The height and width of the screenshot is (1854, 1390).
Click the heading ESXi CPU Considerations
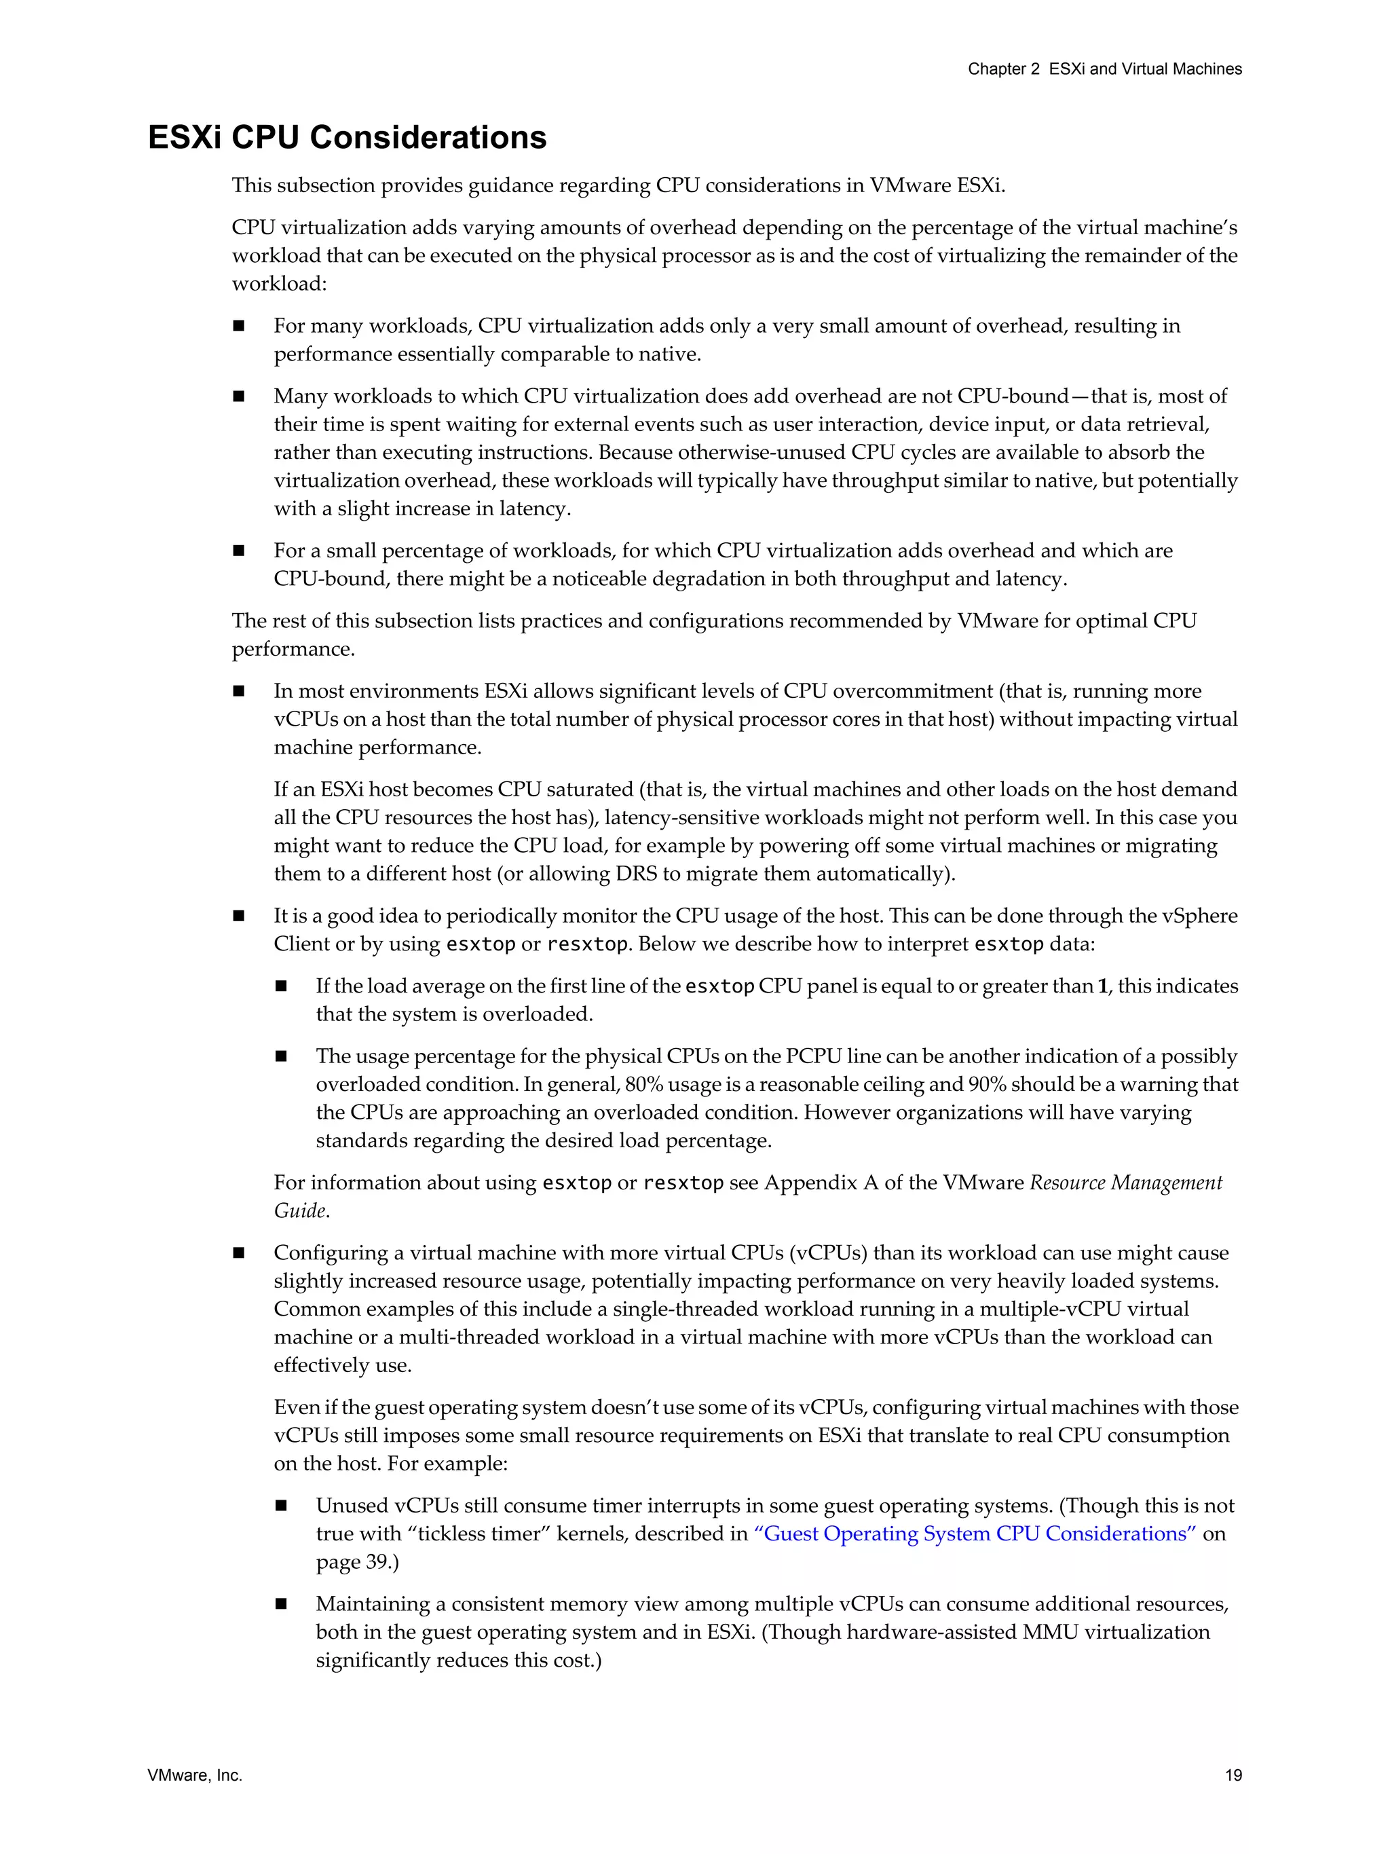(x=347, y=137)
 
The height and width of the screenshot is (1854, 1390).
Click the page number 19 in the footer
(x=1233, y=1775)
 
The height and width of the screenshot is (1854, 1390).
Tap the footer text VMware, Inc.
(x=194, y=1775)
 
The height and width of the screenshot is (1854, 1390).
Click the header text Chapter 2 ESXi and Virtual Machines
(x=1104, y=69)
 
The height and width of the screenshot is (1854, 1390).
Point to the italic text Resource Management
(x=1125, y=1183)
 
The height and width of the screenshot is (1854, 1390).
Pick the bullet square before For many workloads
(x=239, y=326)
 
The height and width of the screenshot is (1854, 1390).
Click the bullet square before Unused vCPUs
(x=281, y=1506)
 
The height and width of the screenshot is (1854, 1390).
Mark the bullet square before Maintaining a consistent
(x=281, y=1604)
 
